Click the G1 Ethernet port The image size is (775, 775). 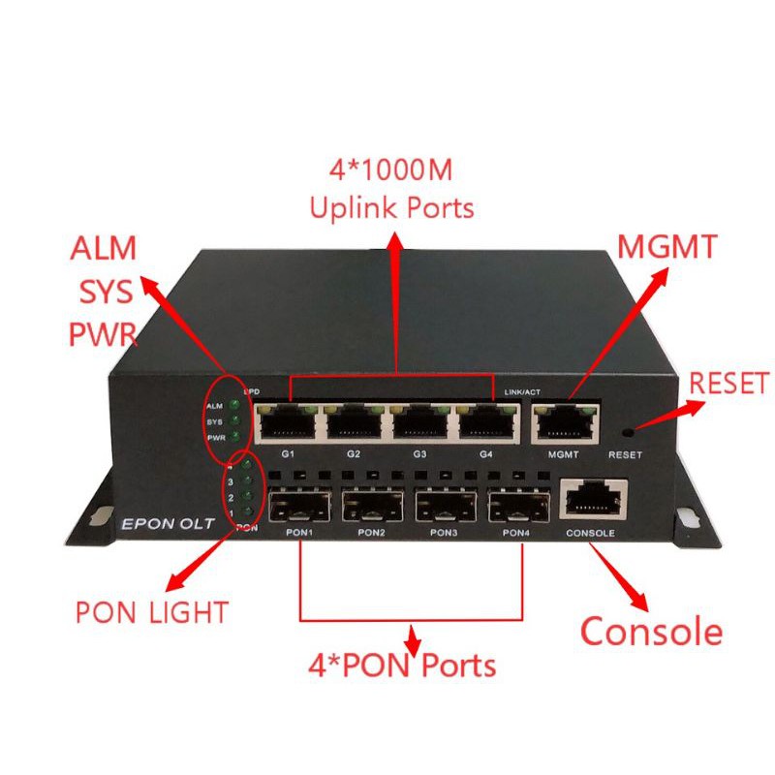287,420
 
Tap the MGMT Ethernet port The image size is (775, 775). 563,420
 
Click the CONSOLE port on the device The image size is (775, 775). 592,500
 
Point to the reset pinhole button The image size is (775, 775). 631,429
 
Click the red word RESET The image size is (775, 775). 728,383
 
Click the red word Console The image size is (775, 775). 651,632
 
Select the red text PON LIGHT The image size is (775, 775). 151,612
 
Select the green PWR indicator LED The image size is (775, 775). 233,438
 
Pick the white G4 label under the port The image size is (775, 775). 486,453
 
